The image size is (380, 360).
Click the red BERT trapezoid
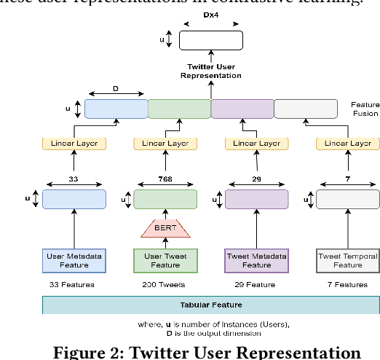[x=165, y=229]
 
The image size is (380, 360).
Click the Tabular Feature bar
[x=210, y=305]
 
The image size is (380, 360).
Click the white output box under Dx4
[x=210, y=40]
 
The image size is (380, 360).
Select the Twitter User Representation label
[x=210, y=70]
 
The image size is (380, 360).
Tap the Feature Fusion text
[x=365, y=109]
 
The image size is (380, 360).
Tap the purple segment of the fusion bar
[x=242, y=109]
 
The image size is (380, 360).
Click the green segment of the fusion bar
[x=179, y=109]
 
